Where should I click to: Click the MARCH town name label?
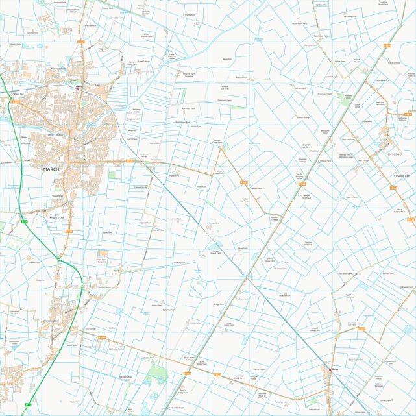coord(51,169)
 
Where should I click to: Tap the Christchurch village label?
coord(395,154)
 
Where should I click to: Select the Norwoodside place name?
coord(54,67)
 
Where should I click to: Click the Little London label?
coord(57,135)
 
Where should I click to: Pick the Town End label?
coord(57,195)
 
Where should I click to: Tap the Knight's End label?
coord(56,217)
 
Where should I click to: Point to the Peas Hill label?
coord(18,94)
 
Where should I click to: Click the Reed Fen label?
coord(226,59)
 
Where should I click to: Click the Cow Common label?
coord(356,359)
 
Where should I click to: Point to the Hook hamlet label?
coord(117,271)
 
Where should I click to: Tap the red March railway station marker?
coord(78,86)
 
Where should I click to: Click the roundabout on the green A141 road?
coord(59,259)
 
